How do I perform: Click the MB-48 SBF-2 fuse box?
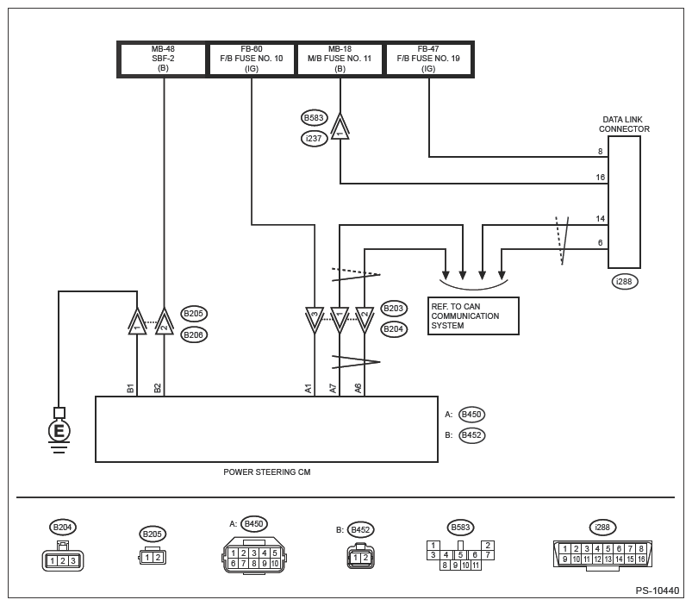click(163, 59)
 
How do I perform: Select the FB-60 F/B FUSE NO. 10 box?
click(252, 59)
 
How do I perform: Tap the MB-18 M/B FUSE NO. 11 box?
click(340, 59)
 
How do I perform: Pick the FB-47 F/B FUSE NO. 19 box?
click(428, 59)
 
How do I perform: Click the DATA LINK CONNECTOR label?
click(624, 124)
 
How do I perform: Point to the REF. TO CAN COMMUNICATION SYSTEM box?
click(473, 315)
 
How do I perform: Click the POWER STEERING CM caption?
click(266, 472)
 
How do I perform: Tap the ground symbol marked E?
click(59, 429)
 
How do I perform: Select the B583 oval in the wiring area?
click(315, 117)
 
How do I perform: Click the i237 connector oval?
click(315, 137)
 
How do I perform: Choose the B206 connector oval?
click(194, 334)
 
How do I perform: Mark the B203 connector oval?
click(394, 308)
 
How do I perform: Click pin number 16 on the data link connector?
click(600, 177)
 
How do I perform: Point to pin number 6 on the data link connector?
click(600, 243)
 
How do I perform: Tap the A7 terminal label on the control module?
click(334, 389)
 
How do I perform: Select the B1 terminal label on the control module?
click(131, 389)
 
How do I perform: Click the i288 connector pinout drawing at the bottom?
click(602, 553)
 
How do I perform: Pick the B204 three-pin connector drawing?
click(61, 559)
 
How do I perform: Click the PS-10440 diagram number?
click(658, 590)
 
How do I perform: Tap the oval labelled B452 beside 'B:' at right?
click(471, 435)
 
